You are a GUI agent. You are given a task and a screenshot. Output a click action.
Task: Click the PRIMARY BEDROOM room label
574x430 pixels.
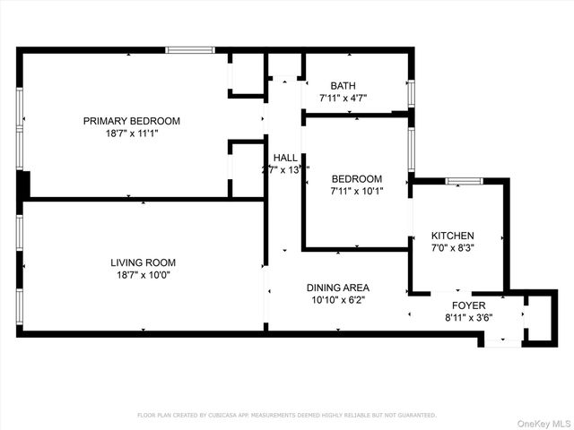tap(132, 121)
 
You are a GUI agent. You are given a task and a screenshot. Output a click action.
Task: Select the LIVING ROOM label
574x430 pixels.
tap(143, 262)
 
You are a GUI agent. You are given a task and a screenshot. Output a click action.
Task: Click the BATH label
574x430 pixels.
tap(344, 85)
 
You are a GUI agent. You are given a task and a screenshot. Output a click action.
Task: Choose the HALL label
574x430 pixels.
tap(285, 158)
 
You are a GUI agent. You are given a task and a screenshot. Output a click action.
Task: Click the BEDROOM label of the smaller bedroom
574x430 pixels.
tap(357, 178)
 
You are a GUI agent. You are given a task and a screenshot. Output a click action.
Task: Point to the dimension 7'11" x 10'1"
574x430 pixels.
tap(357, 191)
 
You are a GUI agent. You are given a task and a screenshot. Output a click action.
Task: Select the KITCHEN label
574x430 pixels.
tap(453, 236)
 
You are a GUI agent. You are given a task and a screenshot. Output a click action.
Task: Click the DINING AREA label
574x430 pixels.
tap(338, 288)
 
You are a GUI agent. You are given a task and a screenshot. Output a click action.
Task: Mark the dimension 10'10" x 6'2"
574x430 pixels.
tap(338, 300)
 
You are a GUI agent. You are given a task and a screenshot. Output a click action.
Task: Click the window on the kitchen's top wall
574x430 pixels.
tap(464, 181)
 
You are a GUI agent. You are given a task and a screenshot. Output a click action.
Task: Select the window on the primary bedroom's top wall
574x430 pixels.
tap(190, 50)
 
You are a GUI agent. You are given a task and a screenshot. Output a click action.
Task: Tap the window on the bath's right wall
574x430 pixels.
tap(412, 93)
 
